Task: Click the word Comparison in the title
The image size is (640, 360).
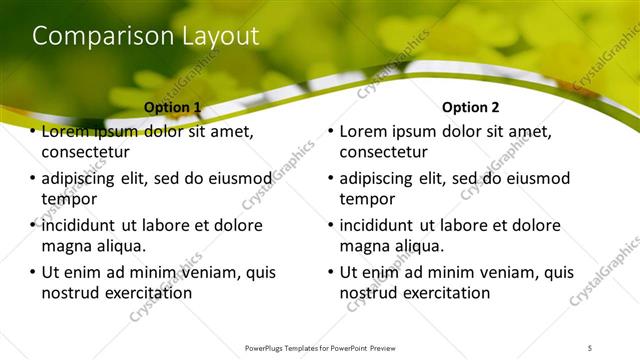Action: (x=90, y=37)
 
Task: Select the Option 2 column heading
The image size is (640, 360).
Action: (x=471, y=107)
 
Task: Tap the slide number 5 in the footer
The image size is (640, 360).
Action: (x=590, y=347)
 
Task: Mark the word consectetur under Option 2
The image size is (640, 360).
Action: (x=384, y=152)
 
